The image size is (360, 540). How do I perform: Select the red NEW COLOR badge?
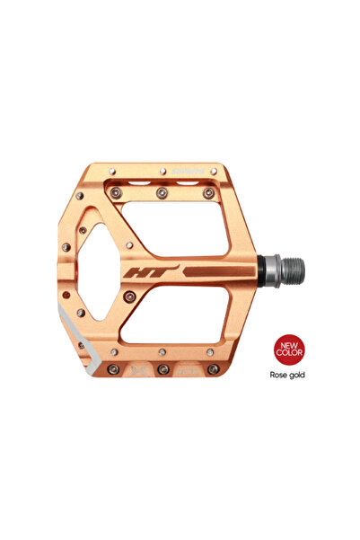click(289, 349)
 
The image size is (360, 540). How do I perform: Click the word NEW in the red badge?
click(289, 343)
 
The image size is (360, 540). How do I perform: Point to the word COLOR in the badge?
click(289, 353)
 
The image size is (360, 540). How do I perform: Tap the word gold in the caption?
click(298, 375)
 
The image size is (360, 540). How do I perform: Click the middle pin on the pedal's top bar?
click(162, 192)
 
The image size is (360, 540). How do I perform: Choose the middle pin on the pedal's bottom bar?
click(163, 369)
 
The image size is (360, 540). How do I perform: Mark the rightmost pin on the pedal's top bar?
click(208, 192)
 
